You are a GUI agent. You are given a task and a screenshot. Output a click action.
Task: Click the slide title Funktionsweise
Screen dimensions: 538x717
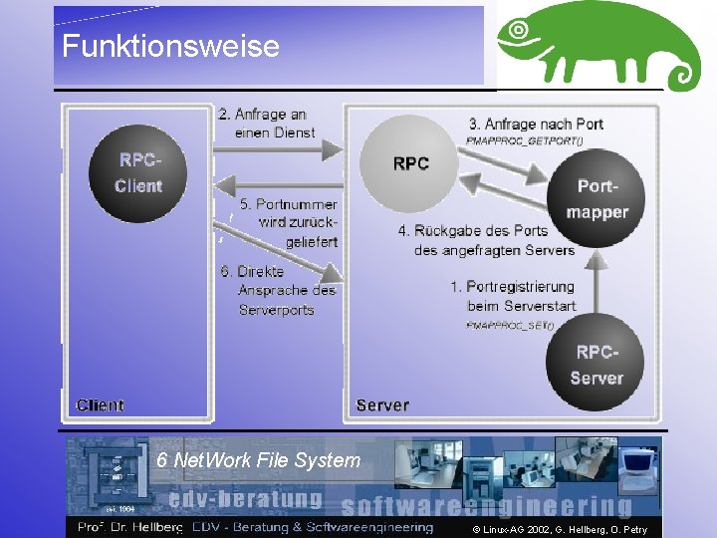(x=170, y=46)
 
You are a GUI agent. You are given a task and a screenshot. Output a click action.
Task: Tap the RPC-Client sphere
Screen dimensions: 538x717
(x=137, y=173)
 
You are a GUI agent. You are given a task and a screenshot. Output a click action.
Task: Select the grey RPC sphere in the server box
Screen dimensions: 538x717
(x=410, y=163)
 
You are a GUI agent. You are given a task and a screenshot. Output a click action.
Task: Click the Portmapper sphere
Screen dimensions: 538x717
(x=597, y=199)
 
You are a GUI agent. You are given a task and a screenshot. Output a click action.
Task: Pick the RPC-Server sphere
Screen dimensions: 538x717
(x=597, y=365)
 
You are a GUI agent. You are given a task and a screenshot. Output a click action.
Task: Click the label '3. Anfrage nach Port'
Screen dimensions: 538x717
(x=536, y=125)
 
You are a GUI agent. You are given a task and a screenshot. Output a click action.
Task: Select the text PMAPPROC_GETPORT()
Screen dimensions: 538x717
(x=524, y=140)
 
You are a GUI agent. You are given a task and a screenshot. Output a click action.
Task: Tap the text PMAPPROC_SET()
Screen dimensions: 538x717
(x=509, y=325)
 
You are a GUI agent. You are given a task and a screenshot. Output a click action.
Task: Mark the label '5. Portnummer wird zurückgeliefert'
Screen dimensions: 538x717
(x=289, y=222)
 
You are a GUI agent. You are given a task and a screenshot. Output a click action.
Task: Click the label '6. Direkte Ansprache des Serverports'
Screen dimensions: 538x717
(x=277, y=290)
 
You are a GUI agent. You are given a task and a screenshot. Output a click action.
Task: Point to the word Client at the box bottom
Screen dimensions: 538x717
(x=100, y=404)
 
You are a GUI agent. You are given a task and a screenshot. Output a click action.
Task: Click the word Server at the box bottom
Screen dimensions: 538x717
(x=382, y=404)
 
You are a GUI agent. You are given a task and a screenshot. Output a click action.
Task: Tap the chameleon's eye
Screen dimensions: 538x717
(x=519, y=31)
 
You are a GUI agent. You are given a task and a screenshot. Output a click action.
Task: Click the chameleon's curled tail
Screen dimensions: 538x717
(x=682, y=74)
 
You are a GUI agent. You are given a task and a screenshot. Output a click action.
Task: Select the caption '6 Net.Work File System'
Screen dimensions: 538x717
(x=258, y=460)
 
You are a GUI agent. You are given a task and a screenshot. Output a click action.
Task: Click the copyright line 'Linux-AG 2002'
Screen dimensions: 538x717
(x=559, y=529)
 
